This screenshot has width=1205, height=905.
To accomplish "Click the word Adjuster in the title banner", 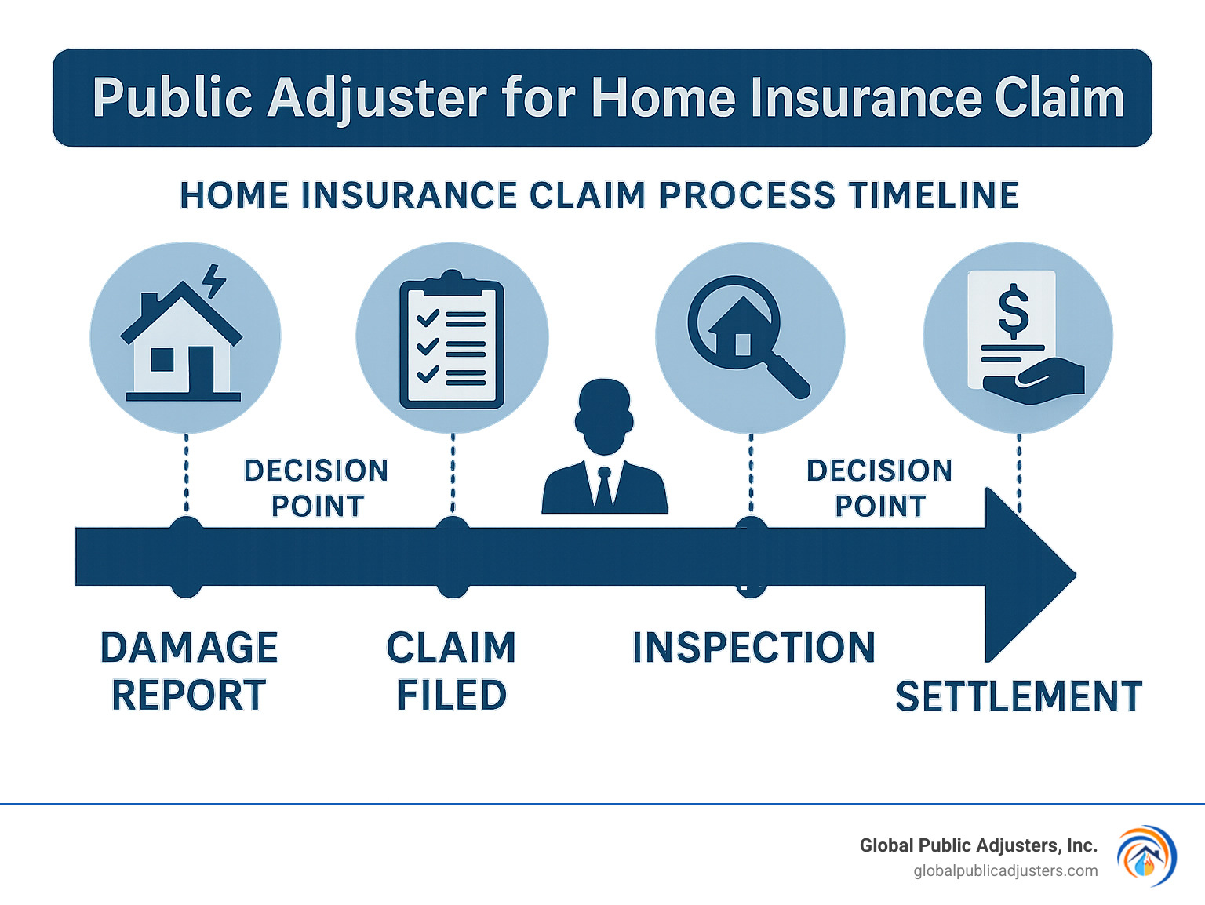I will tap(377, 99).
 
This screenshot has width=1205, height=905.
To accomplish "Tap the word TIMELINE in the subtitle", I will tap(934, 195).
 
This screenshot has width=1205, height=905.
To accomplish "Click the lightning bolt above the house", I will tap(213, 281).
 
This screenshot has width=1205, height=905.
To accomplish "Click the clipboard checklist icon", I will tap(452, 340).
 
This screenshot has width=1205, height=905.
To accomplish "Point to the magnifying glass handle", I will tap(788, 377).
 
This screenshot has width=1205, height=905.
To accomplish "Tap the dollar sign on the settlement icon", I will tap(1013, 311).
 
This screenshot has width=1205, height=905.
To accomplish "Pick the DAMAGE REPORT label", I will tap(188, 671).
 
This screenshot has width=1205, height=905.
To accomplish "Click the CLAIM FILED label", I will tap(452, 671).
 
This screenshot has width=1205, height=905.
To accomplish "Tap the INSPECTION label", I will tap(753, 648).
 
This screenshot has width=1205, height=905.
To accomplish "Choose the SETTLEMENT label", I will tap(1018, 696).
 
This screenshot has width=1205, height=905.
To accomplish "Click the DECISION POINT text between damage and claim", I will tap(317, 488).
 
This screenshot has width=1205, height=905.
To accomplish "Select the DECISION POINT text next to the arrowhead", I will tap(879, 488).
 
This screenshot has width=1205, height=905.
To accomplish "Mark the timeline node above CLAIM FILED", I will tap(453, 557).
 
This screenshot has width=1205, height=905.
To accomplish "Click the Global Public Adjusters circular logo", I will tap(1146, 856).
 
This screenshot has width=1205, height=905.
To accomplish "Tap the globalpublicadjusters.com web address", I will tap(1005, 871).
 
